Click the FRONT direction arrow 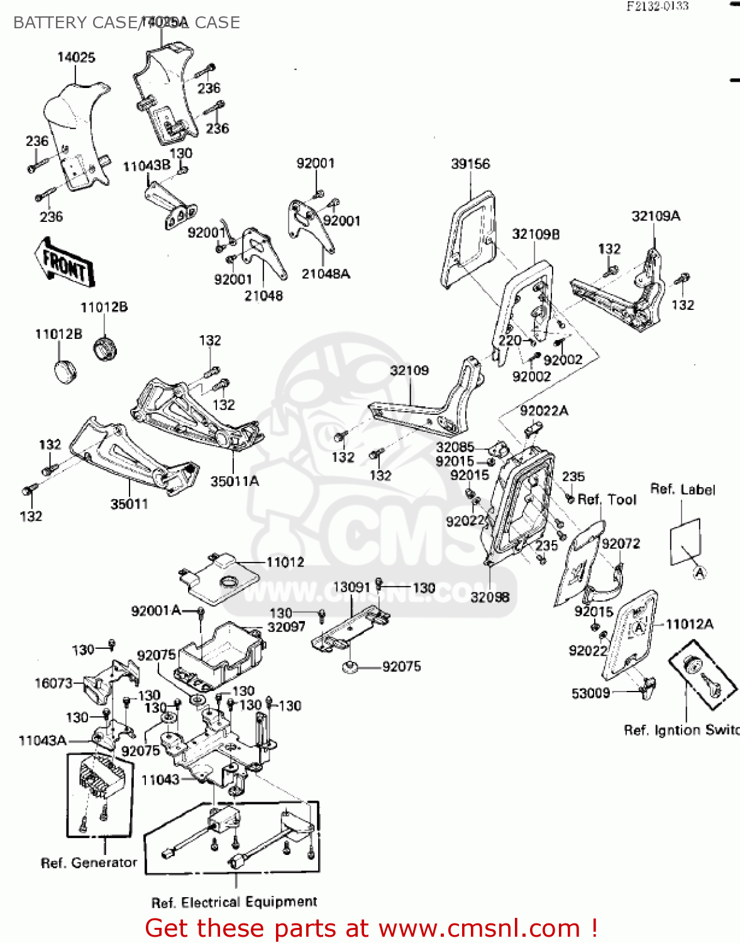[x=64, y=260]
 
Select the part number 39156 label [x=470, y=164]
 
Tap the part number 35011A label [x=235, y=482]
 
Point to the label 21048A [x=326, y=274]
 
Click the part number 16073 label [x=53, y=683]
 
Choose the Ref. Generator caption [x=89, y=863]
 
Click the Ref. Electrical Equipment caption [x=234, y=903]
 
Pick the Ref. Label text [x=682, y=490]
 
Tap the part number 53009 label [x=590, y=693]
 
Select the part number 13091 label [x=351, y=587]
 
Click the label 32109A [x=656, y=216]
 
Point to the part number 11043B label [x=146, y=167]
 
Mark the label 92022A [x=544, y=411]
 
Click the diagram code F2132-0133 [x=657, y=6]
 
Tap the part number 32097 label [x=286, y=627]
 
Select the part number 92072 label [x=621, y=544]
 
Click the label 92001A [x=156, y=610]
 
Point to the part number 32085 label [x=455, y=448]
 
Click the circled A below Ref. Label [x=699, y=573]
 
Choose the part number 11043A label [x=42, y=741]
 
